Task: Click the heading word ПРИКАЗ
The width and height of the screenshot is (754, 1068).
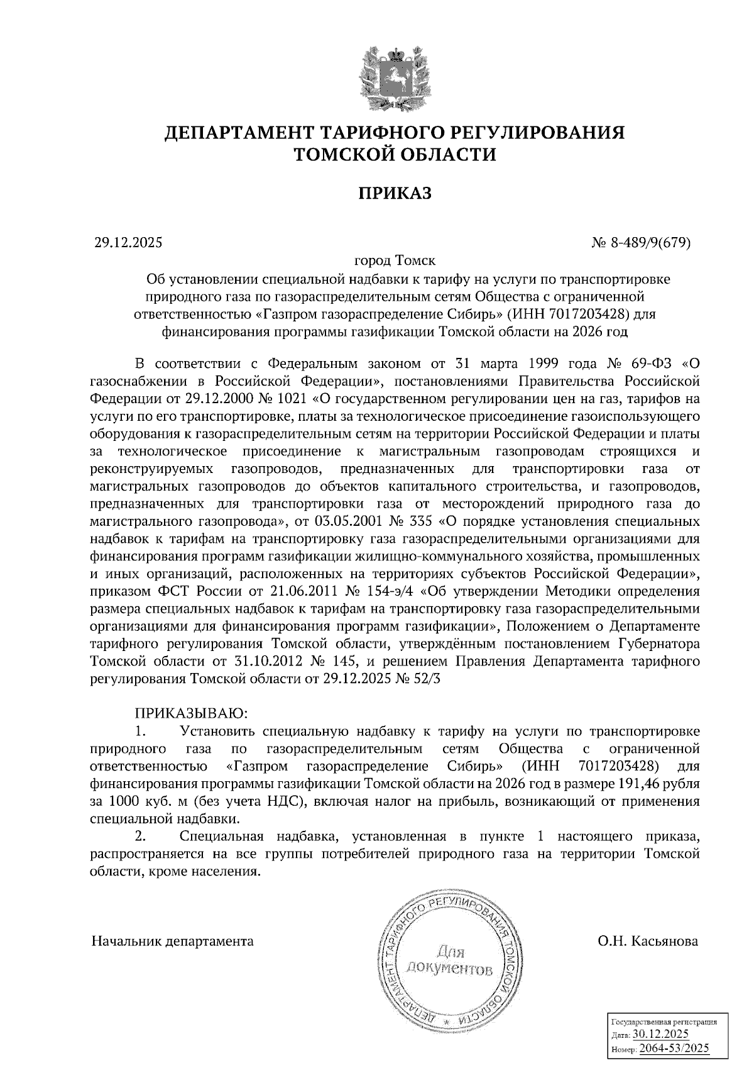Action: tap(395, 193)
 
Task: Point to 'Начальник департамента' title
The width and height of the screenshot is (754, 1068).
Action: tap(173, 942)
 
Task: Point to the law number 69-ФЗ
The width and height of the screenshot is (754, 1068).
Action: tap(651, 364)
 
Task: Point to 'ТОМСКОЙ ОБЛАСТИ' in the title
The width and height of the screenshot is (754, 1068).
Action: tap(395, 155)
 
